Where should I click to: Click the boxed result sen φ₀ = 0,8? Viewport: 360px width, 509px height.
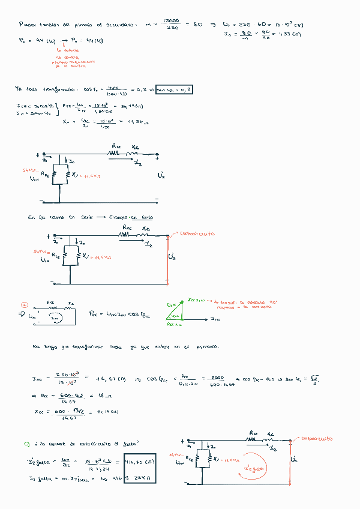click(x=174, y=90)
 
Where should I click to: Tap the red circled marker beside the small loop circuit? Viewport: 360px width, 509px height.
click(x=24, y=305)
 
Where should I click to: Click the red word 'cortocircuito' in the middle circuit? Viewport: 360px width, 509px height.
click(x=197, y=234)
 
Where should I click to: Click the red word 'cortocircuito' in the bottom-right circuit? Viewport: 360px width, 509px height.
click(x=317, y=438)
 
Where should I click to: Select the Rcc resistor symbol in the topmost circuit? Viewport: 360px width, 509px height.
click(x=115, y=153)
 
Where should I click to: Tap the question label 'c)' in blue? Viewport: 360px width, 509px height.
click(x=27, y=444)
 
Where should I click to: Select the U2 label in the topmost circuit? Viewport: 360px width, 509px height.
click(x=160, y=176)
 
